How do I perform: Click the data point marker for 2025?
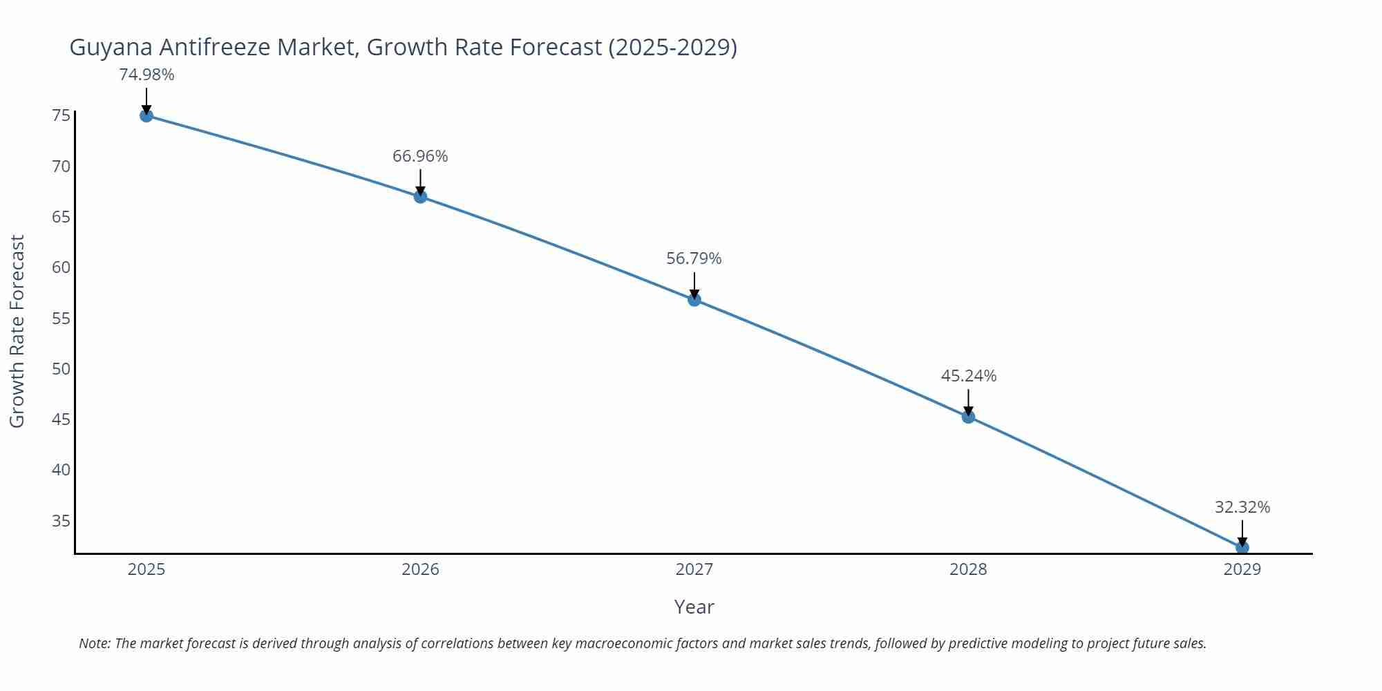click(146, 115)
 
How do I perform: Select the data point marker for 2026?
click(420, 197)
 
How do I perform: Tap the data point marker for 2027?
click(694, 300)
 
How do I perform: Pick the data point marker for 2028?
click(968, 417)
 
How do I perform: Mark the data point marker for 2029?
click(1242, 547)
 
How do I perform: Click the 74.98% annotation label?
click(146, 75)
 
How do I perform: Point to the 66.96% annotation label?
click(420, 156)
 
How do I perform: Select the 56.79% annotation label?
click(694, 258)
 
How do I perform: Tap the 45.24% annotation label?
click(968, 376)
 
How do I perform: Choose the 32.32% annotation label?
click(1242, 507)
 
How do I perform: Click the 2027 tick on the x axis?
click(694, 569)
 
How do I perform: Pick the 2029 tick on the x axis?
click(1242, 569)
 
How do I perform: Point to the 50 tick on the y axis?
click(61, 368)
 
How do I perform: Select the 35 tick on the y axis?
click(61, 520)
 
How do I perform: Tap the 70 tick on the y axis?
click(61, 166)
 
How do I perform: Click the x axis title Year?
click(694, 607)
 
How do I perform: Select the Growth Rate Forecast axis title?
click(17, 331)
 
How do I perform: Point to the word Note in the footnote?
click(94, 643)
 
